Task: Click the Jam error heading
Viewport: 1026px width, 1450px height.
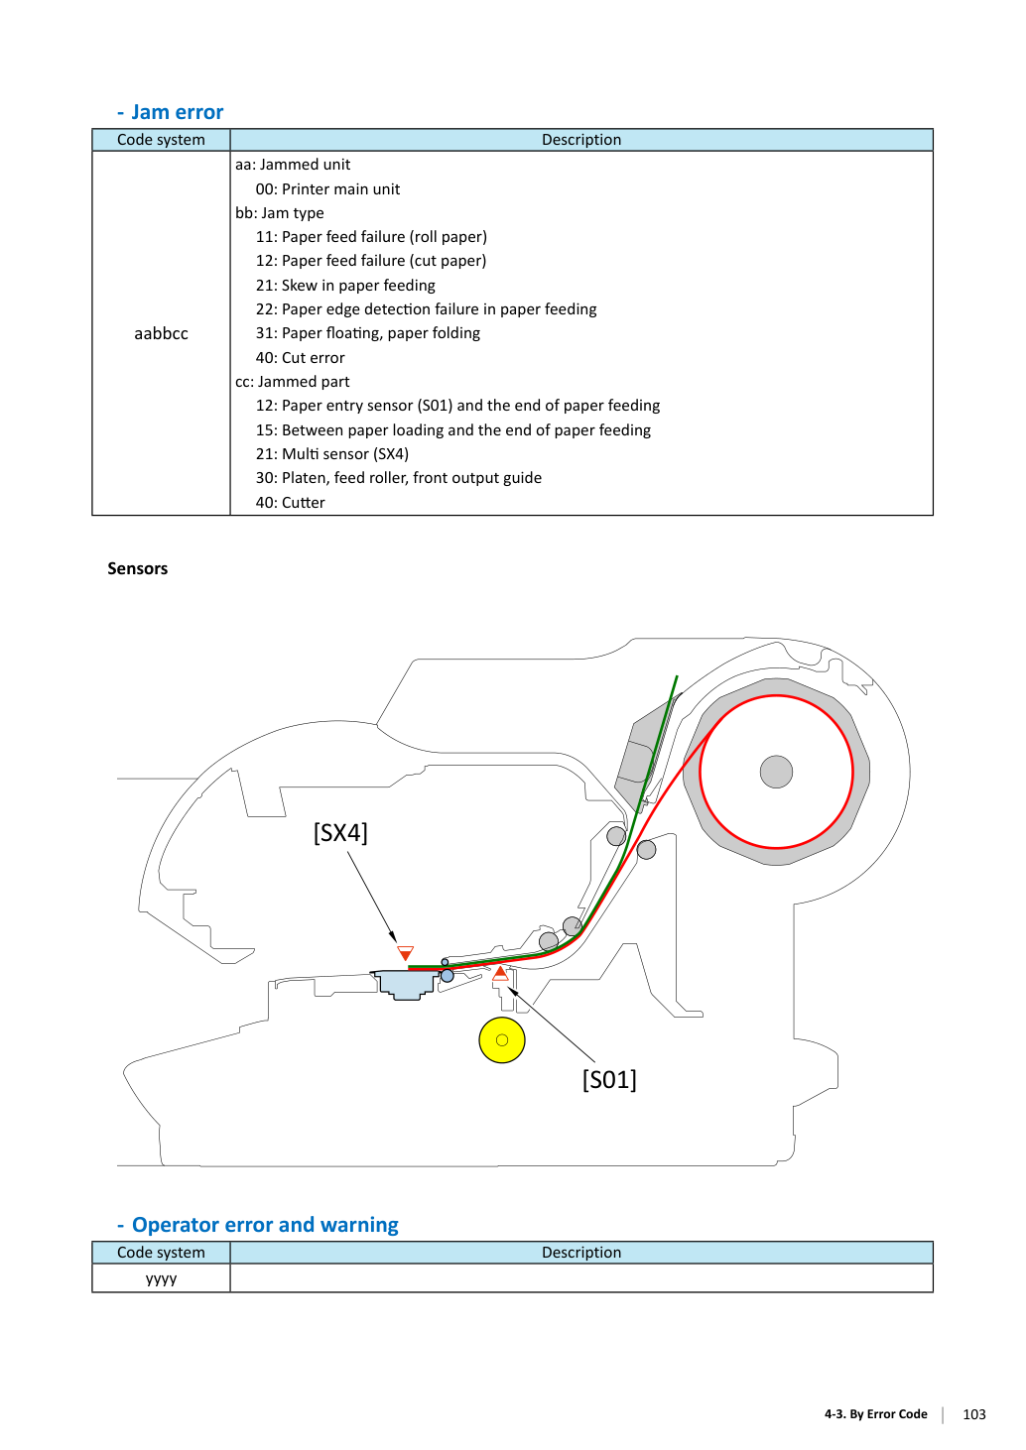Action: (x=171, y=112)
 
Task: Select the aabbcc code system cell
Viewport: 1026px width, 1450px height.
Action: (x=162, y=333)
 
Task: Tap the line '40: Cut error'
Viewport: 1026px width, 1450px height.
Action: (x=300, y=357)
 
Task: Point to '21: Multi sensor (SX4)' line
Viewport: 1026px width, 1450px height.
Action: (x=332, y=454)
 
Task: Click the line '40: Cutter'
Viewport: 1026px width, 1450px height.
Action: (x=290, y=502)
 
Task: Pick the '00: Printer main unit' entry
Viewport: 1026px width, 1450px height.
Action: (x=327, y=189)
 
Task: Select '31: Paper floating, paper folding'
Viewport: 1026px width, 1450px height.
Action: (x=368, y=332)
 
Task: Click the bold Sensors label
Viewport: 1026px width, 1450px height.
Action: (x=137, y=568)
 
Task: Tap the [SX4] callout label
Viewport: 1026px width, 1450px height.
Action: (x=340, y=832)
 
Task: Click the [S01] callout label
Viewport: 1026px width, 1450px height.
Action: (x=609, y=1079)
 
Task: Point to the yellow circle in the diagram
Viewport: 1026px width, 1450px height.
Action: (x=502, y=1040)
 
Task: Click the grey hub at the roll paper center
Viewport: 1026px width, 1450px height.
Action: (x=776, y=772)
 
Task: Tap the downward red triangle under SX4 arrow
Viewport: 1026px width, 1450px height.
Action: (x=406, y=953)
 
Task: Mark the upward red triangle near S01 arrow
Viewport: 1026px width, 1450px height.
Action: (x=500, y=973)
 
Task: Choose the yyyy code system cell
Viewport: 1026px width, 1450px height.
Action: (x=162, y=1277)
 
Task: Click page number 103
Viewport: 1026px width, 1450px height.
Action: (x=974, y=1414)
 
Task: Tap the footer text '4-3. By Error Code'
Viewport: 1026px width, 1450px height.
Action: (x=876, y=1414)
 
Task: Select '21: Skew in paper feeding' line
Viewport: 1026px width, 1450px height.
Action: (x=345, y=285)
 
